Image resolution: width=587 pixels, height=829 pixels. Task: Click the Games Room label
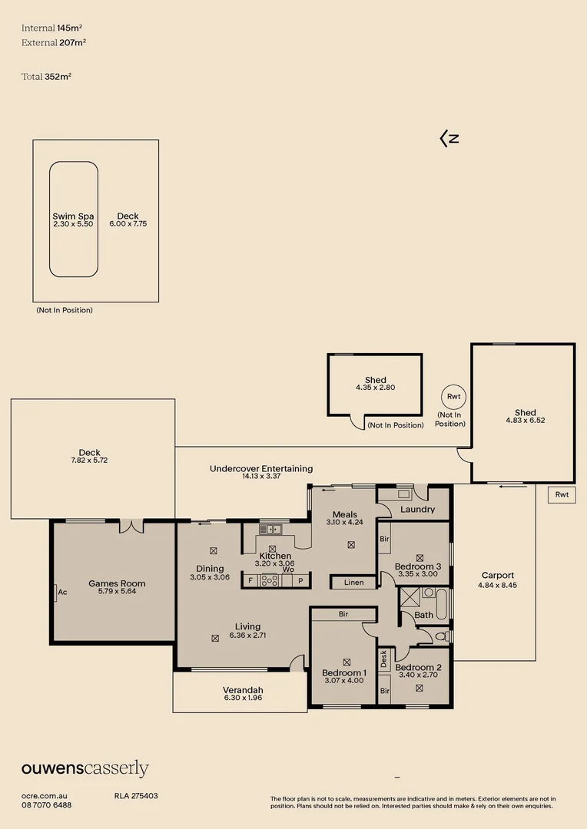tap(117, 583)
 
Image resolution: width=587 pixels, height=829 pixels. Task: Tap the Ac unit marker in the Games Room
tap(59, 592)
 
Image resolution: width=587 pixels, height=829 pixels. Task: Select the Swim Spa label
tap(73, 216)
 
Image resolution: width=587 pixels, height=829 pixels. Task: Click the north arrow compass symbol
tap(449, 138)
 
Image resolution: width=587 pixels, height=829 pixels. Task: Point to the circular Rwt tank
tap(452, 396)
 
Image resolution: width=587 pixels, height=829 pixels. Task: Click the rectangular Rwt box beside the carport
tap(562, 495)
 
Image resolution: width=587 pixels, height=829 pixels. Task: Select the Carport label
tap(497, 575)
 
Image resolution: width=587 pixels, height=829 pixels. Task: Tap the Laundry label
tap(418, 509)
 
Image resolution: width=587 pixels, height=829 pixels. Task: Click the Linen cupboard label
tap(354, 583)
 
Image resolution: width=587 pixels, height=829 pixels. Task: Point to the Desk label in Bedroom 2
tap(383, 659)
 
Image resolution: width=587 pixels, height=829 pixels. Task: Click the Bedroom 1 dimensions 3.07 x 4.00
tap(343, 680)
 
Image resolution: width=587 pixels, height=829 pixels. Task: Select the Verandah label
tap(243, 689)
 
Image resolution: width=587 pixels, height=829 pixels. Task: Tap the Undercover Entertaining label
tap(261, 468)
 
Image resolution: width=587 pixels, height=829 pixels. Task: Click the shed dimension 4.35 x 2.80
tap(375, 388)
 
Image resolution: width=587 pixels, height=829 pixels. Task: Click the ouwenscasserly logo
tap(85, 769)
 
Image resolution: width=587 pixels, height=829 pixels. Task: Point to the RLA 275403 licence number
tap(136, 796)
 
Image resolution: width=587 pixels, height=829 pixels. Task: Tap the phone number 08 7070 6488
tap(47, 804)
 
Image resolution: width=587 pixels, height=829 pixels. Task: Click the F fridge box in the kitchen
tap(250, 581)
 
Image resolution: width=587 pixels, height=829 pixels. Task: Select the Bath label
tap(423, 615)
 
